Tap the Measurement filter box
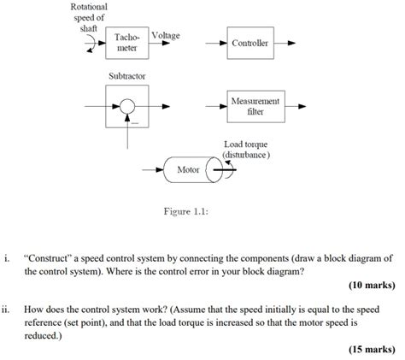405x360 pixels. click(254, 107)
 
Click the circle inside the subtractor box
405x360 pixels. click(127, 107)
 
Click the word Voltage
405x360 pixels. click(165, 35)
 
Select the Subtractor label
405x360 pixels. click(127, 76)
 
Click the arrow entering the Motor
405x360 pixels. click(150, 169)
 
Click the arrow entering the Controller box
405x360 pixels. click(214, 43)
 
